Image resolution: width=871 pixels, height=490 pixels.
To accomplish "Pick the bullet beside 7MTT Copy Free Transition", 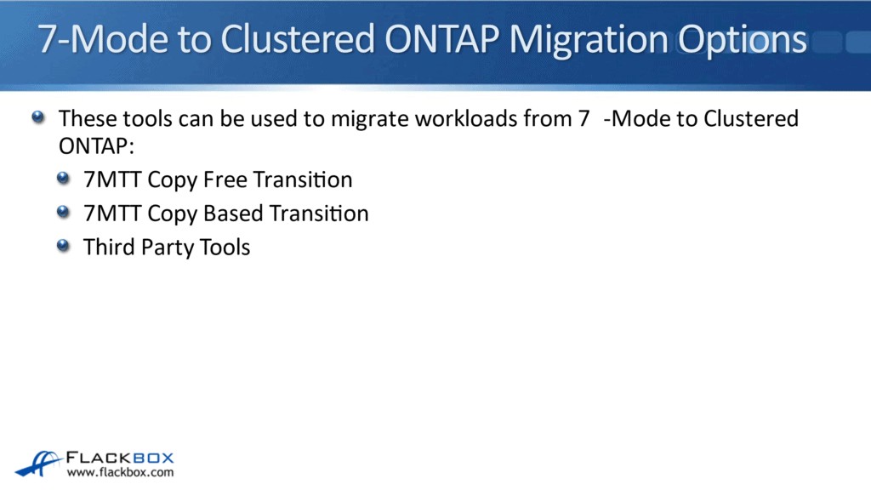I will [65, 178].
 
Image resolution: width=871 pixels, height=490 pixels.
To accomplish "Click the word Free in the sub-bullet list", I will [225, 179].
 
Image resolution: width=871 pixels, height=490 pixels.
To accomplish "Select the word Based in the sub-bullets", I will [234, 213].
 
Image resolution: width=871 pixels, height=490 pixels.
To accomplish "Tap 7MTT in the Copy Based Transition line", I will [112, 213].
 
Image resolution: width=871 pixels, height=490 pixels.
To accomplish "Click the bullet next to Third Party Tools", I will [65, 246].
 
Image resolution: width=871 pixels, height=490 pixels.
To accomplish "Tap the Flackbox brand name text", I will [122, 456].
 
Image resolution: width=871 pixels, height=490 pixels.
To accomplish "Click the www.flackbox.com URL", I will [120, 472].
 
